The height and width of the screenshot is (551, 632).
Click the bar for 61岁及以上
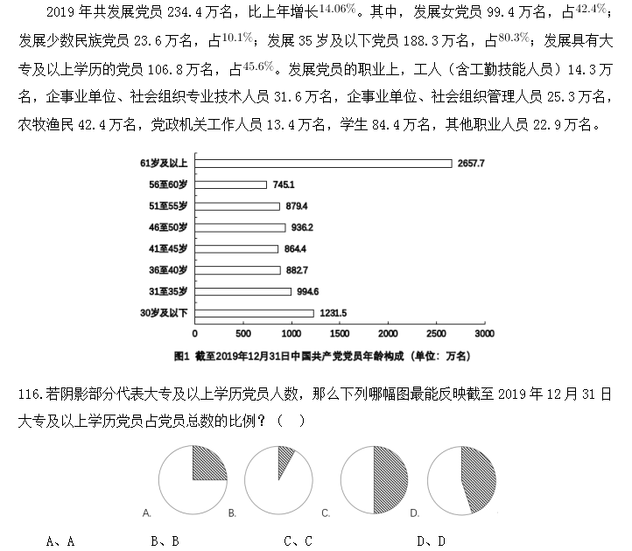(323, 164)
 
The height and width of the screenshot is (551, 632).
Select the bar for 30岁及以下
(254, 312)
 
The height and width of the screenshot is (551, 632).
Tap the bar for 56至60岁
(230, 185)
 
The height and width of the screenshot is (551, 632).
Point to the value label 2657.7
(470, 164)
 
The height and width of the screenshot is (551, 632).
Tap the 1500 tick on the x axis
(340, 333)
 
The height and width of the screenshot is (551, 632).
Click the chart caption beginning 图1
(323, 355)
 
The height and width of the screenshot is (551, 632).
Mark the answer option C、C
(298, 541)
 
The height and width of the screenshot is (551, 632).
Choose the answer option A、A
(60, 541)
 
